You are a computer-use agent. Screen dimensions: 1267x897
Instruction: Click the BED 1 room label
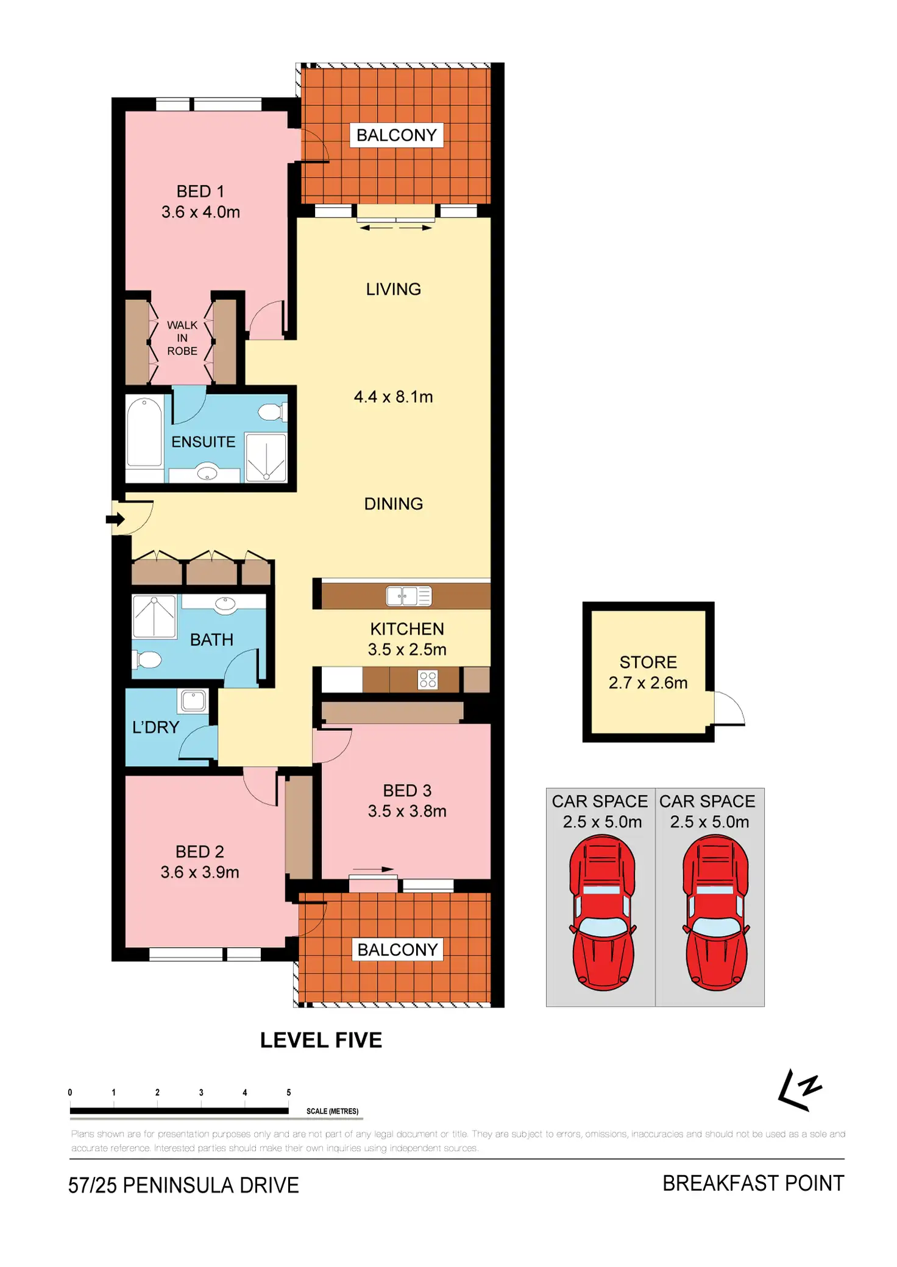tap(200, 192)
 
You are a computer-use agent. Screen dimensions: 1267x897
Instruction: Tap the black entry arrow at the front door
tap(115, 520)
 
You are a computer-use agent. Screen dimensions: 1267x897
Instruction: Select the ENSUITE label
tap(203, 442)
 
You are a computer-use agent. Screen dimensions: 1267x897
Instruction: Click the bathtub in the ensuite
tap(144, 432)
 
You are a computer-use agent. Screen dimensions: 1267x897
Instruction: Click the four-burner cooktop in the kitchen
tap(428, 680)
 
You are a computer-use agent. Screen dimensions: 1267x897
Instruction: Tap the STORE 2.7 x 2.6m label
tap(648, 672)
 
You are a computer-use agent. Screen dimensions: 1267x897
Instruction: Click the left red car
tap(602, 912)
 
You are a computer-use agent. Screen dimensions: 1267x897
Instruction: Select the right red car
tap(715, 912)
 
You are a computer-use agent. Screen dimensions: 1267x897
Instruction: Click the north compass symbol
tap(800, 1090)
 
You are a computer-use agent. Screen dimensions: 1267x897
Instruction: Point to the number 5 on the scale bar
tap(289, 1092)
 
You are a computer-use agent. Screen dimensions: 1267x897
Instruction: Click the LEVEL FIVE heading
tap(321, 1040)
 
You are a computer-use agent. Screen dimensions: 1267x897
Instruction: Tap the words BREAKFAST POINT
tap(753, 1184)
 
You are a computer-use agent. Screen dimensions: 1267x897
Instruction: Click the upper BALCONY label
tap(396, 135)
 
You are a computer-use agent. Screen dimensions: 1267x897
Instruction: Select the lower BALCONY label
tap(397, 950)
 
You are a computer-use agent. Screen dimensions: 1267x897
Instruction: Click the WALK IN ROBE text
tap(182, 338)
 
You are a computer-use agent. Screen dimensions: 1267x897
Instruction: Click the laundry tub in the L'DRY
tap(193, 701)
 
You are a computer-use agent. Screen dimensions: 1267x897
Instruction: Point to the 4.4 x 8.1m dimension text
tap(393, 397)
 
